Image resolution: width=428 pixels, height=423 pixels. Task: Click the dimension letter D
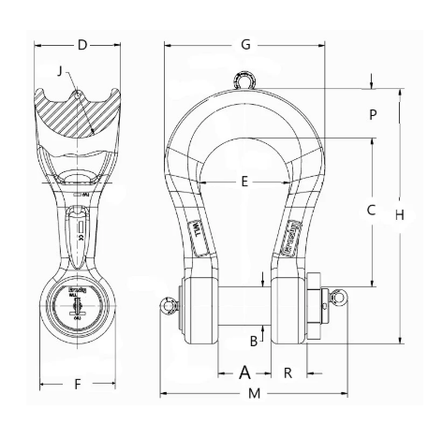(81, 44)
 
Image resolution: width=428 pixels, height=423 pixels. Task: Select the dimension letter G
(245, 44)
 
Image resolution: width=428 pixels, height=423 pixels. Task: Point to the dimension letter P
(372, 115)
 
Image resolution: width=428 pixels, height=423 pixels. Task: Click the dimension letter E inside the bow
(244, 182)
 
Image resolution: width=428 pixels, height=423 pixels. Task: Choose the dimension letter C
(371, 211)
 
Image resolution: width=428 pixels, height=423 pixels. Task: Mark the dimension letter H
(399, 214)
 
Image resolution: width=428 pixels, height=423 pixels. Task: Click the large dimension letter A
(244, 372)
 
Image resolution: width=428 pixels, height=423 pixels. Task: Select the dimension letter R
(288, 372)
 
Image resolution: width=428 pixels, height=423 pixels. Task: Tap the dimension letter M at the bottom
(254, 395)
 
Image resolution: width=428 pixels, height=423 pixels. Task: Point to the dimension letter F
(79, 384)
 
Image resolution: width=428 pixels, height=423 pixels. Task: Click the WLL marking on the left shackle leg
(198, 228)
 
